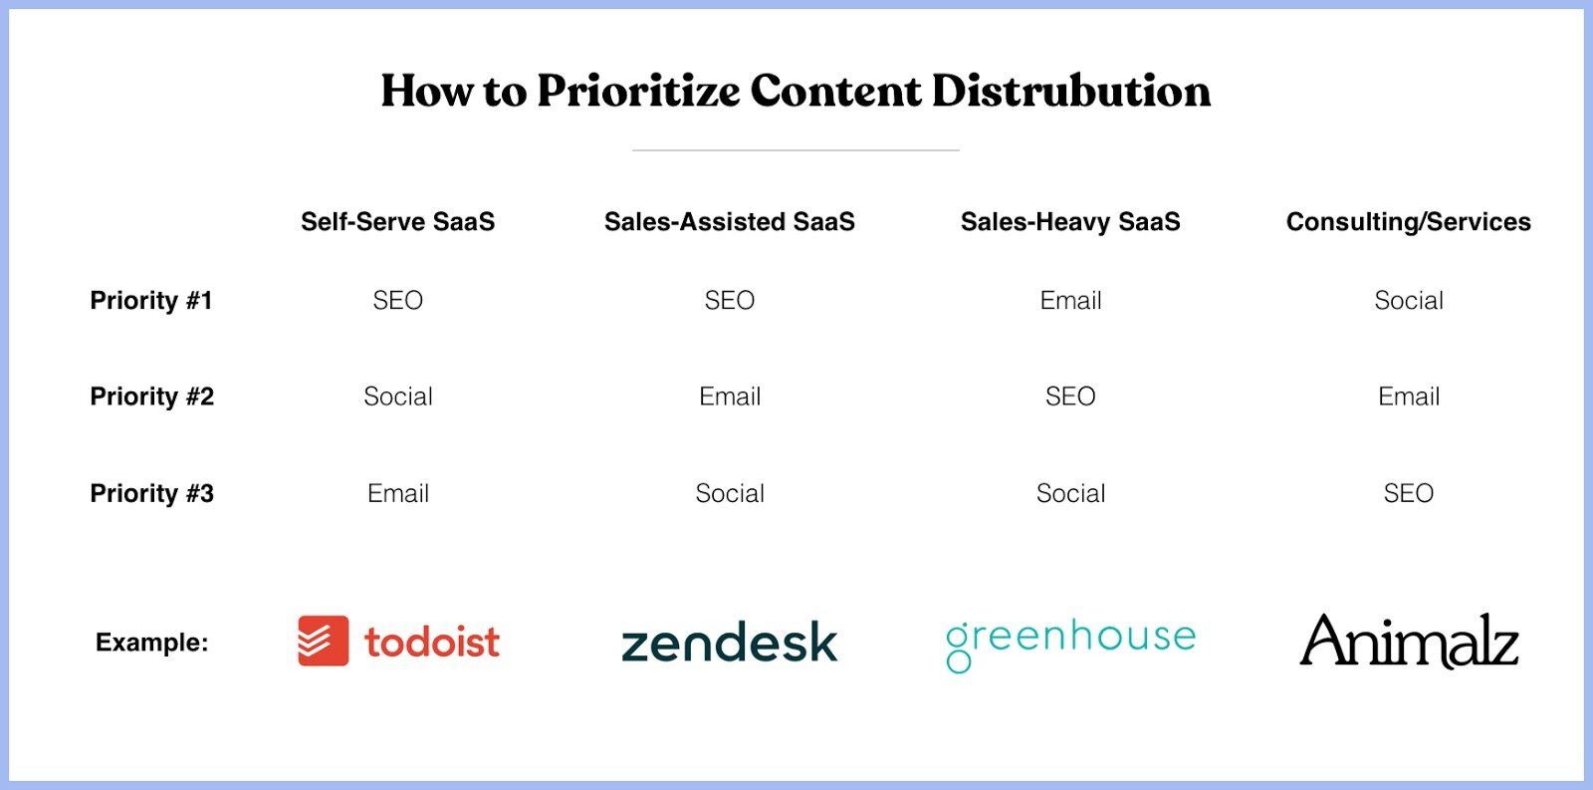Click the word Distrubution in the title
(x=1070, y=91)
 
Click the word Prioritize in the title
(x=638, y=91)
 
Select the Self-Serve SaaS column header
(x=397, y=221)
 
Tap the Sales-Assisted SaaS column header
(x=730, y=221)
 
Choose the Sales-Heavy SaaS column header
(x=1070, y=221)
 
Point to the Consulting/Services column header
(x=1408, y=221)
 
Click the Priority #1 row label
(x=151, y=300)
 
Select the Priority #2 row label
(x=151, y=396)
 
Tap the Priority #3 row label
(x=151, y=493)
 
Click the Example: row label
(x=151, y=642)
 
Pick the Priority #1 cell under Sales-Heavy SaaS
(x=1070, y=300)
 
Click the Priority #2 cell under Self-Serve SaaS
(x=397, y=396)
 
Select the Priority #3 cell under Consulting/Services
(x=1408, y=493)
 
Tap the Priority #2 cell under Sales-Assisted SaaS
(x=730, y=396)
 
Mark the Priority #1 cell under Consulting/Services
(x=1408, y=300)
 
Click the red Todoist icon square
(x=324, y=641)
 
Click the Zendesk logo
(x=730, y=641)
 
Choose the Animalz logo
(x=1409, y=641)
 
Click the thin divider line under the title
(x=796, y=150)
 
